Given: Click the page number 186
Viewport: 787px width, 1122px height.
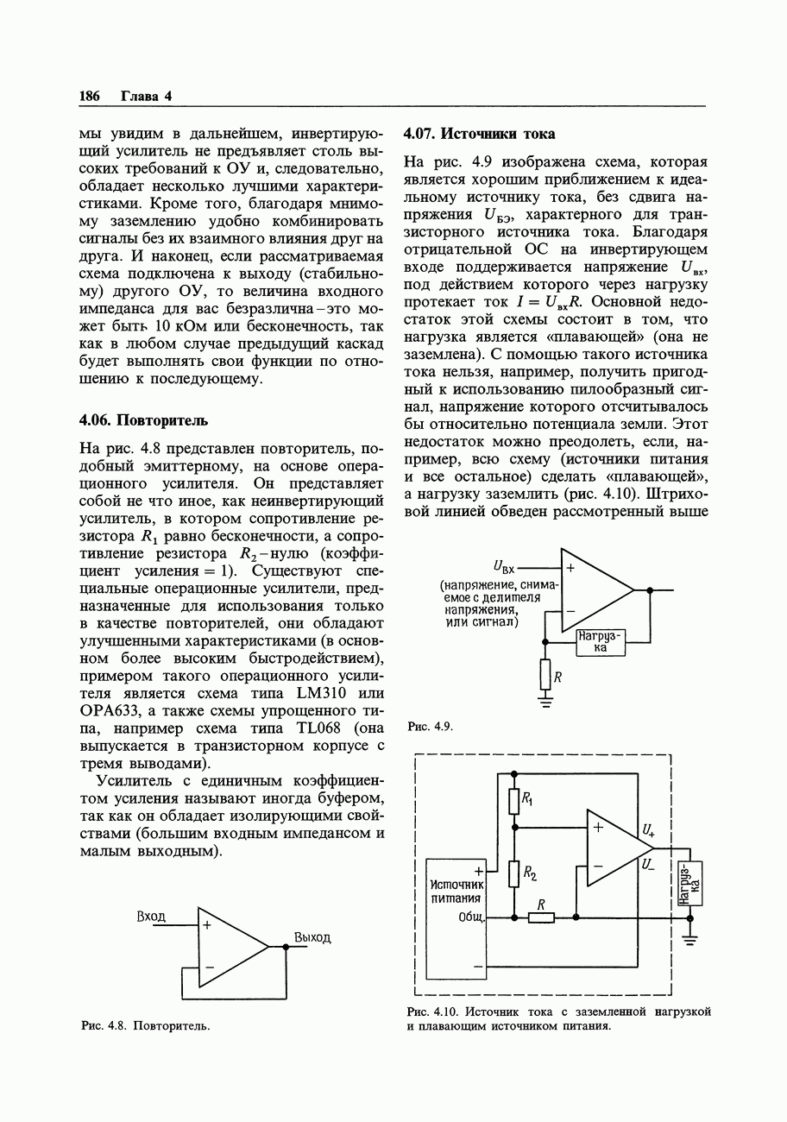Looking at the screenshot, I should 90,96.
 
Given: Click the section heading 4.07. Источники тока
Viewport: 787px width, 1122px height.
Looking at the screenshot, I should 479,134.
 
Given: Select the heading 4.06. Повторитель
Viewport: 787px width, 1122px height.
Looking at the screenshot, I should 143,420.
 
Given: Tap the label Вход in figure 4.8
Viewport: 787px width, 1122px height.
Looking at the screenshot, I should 151,917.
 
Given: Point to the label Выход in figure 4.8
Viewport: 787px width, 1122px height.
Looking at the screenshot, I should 312,937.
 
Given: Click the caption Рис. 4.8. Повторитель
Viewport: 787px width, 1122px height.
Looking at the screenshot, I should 145,1025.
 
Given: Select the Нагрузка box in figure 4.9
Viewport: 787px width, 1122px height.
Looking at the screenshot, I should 601,642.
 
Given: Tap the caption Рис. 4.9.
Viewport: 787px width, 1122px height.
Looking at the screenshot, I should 429,727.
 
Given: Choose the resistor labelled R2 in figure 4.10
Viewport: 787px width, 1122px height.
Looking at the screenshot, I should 514,874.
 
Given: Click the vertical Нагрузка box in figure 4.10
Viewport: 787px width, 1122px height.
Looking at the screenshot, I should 691,883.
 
